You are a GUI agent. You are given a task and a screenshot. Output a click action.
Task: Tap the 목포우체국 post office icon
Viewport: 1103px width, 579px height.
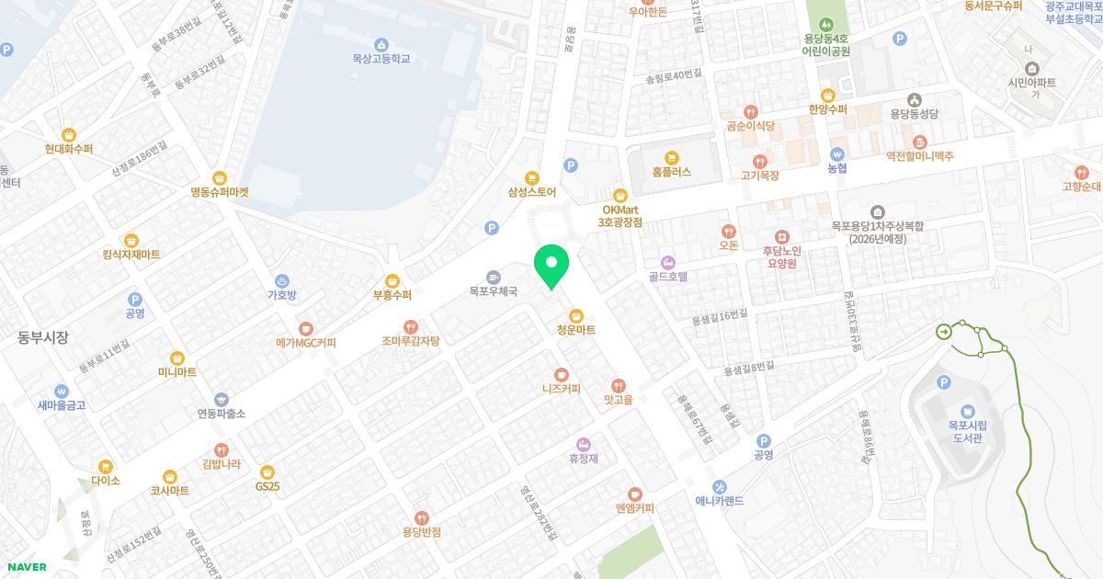pyautogui.click(x=494, y=277)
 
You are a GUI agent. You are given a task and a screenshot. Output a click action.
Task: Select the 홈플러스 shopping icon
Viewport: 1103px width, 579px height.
pyautogui.click(x=671, y=157)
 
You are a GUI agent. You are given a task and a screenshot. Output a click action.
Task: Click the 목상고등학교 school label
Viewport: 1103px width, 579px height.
pyautogui.click(x=381, y=58)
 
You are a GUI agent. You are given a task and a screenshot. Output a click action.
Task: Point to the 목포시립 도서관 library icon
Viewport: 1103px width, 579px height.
pyautogui.click(x=967, y=411)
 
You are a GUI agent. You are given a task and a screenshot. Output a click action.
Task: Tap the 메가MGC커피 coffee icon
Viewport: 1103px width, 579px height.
pyautogui.click(x=305, y=328)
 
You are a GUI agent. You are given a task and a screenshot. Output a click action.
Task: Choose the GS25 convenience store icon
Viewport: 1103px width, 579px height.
pyautogui.click(x=267, y=471)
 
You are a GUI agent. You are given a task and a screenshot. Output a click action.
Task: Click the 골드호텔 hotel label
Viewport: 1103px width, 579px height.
pyautogui.click(x=668, y=276)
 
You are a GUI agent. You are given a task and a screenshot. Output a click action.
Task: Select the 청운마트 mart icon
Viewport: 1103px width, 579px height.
pyautogui.click(x=576, y=315)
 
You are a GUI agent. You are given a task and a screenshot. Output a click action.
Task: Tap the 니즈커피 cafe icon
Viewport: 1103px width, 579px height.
pyautogui.click(x=561, y=374)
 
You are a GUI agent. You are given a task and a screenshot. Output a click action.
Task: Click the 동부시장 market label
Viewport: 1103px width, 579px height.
pyautogui.click(x=43, y=337)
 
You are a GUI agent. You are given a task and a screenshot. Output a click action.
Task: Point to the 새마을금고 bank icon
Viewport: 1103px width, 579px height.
pyautogui.click(x=61, y=391)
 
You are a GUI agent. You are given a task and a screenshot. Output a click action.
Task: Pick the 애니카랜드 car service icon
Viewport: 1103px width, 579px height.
pyautogui.click(x=720, y=486)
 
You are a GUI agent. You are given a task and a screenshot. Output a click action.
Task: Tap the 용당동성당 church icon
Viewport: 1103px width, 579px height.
pyautogui.click(x=914, y=99)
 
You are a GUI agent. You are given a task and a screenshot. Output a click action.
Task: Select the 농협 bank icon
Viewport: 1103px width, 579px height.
pyautogui.click(x=836, y=154)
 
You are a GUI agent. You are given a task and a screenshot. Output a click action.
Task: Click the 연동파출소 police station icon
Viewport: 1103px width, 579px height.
pyautogui.click(x=221, y=400)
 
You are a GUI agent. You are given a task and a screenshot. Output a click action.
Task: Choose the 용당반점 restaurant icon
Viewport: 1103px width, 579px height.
pyautogui.click(x=421, y=517)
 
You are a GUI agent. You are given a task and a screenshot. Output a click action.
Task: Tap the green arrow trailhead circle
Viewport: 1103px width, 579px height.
pyautogui.click(x=944, y=332)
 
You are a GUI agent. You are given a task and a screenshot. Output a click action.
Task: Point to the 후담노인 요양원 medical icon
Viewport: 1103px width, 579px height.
pyautogui.click(x=781, y=236)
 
